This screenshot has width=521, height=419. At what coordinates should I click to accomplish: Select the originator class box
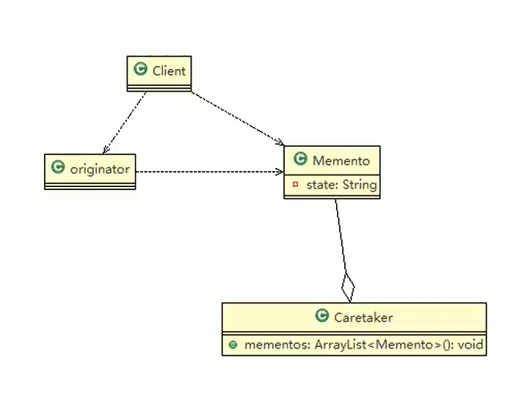(90, 170)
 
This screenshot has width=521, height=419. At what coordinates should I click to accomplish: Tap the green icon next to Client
(140, 70)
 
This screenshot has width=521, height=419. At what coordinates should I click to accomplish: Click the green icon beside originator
(58, 168)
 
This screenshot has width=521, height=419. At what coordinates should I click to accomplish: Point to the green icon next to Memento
(300, 159)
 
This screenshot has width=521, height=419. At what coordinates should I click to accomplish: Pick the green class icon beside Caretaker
(321, 316)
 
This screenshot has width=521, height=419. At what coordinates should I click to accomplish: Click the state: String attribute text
(341, 184)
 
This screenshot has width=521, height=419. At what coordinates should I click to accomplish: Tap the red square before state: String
(295, 184)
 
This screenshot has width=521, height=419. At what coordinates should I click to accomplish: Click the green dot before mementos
(233, 343)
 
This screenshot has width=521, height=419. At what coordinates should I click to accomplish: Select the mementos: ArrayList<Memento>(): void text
(362, 343)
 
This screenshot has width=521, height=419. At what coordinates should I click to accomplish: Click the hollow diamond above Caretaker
(348, 286)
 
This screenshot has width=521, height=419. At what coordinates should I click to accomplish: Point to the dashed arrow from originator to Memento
(209, 172)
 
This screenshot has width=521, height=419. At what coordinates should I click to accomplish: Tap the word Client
(170, 70)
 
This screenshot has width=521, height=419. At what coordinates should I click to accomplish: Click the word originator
(100, 169)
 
